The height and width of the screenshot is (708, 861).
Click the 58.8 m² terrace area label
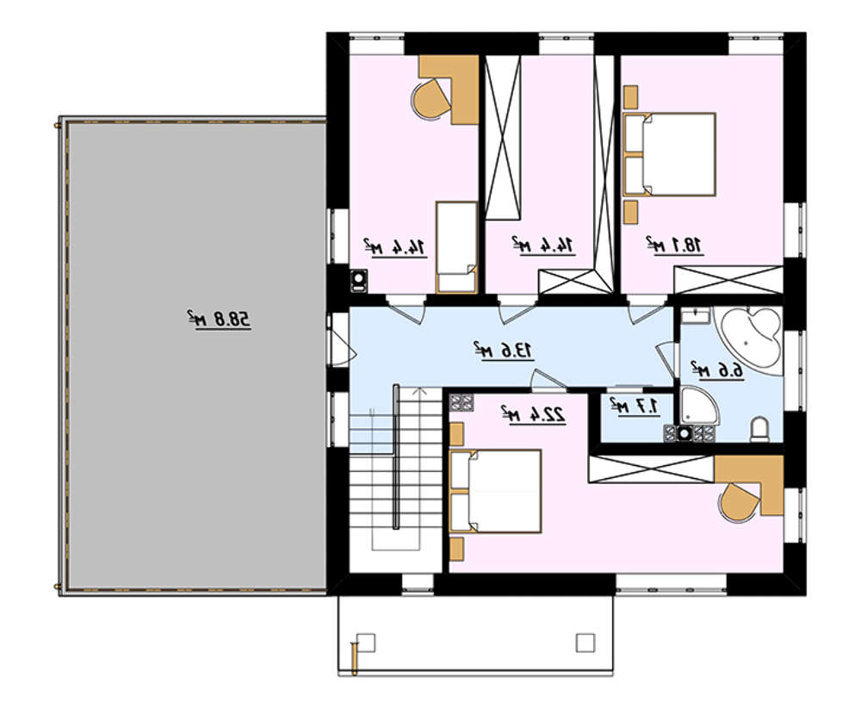coord(219,320)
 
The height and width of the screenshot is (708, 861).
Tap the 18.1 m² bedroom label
coord(674,245)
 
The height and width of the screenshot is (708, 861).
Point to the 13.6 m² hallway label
coord(504,350)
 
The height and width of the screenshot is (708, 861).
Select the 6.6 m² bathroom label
coord(717,370)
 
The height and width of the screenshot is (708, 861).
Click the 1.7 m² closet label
coord(635,407)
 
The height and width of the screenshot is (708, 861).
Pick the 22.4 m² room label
coord(533,413)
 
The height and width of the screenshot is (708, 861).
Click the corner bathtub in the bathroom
coord(751,341)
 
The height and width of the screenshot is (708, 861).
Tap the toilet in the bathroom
coord(760,428)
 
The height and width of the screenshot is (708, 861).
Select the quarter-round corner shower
coord(698,406)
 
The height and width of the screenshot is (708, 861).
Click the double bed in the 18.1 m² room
coord(669,154)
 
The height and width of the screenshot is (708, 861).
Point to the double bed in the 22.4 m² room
coord(495,491)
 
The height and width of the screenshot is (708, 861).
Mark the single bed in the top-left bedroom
coord(457,246)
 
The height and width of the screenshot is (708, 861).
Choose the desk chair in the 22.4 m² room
coord(739,501)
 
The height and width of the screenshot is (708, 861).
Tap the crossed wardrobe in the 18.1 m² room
coord(728,280)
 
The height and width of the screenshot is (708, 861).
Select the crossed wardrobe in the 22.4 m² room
coord(651,469)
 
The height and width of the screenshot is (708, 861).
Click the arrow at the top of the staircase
coord(420,392)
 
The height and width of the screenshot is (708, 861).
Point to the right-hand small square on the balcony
coord(585,643)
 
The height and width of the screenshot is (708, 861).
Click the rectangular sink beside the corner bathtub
coord(697,316)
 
